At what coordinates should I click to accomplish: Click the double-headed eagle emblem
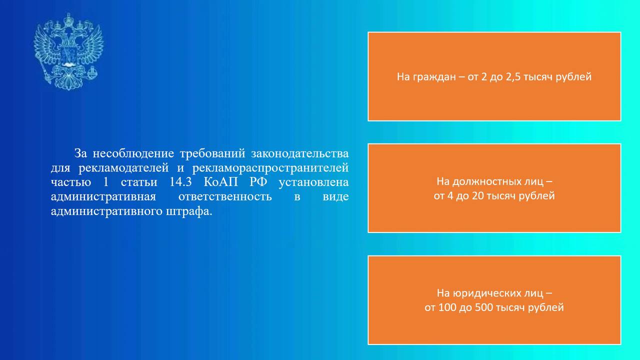[68, 51]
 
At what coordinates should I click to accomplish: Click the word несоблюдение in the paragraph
[133, 153]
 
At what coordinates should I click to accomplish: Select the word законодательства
[300, 154]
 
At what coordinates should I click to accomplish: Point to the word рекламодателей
[123, 168]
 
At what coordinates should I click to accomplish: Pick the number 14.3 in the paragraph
[180, 182]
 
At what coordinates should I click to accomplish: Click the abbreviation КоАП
[220, 182]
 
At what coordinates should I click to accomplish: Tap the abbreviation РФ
[258, 182]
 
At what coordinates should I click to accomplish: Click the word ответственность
[225, 197]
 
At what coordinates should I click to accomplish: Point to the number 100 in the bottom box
[447, 307]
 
